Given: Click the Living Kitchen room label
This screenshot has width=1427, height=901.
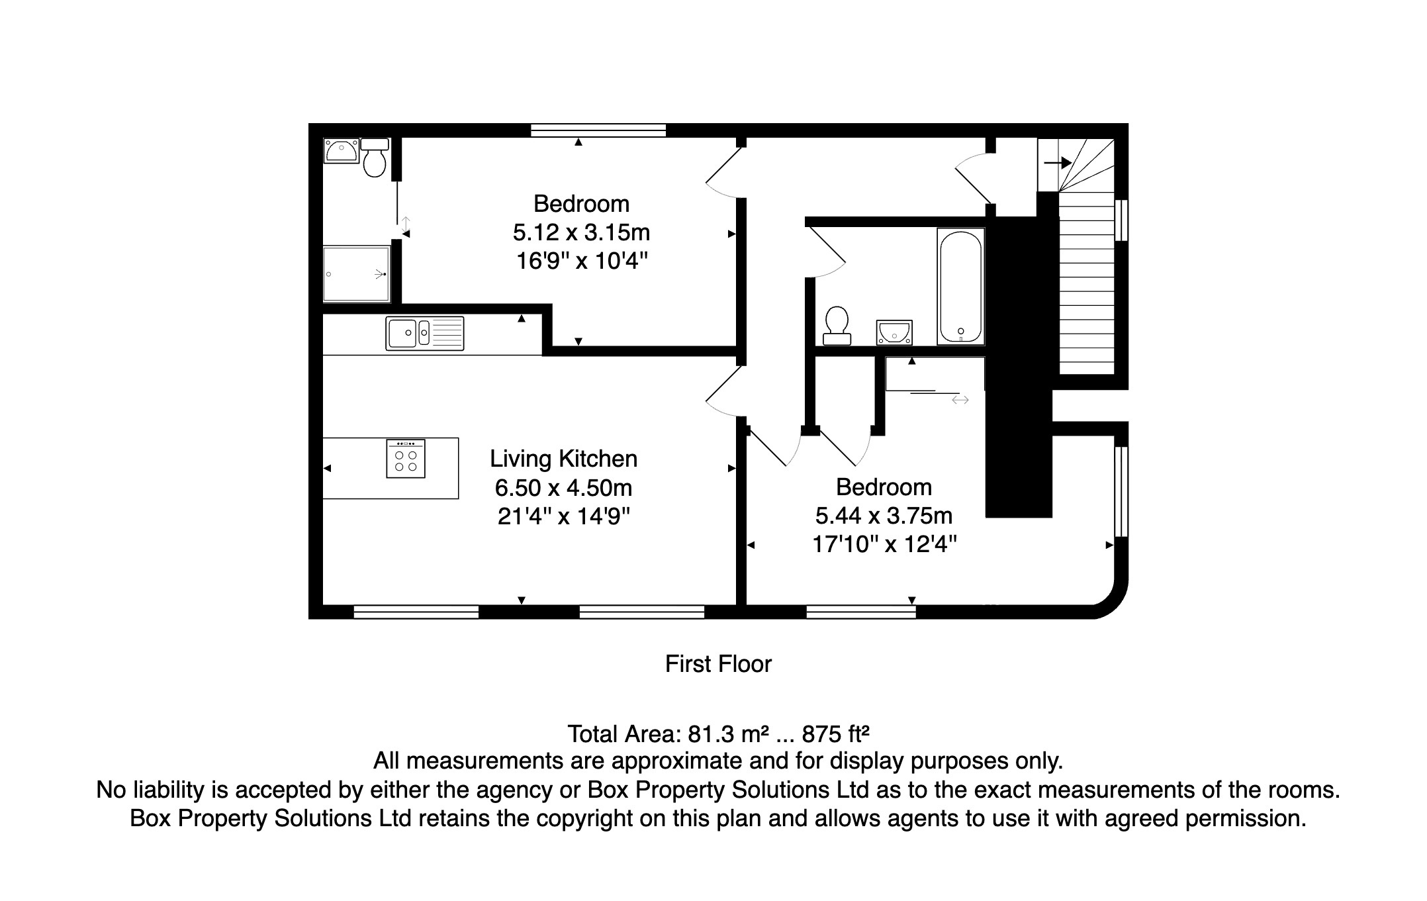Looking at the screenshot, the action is pyautogui.click(x=563, y=459).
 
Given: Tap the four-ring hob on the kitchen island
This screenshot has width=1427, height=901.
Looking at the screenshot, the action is pyautogui.click(x=406, y=458).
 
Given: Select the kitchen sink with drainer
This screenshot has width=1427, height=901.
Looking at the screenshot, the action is pyautogui.click(x=425, y=333).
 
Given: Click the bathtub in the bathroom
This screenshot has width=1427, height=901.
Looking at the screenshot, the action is pyautogui.click(x=961, y=287).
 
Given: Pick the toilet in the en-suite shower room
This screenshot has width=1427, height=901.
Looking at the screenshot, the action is pyautogui.click(x=375, y=157).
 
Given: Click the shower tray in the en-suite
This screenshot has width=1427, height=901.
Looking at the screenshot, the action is pyautogui.click(x=356, y=274).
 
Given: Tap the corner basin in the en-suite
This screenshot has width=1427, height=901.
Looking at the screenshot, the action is pyautogui.click(x=342, y=150).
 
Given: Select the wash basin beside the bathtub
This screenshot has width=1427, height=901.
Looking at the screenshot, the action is pyautogui.click(x=894, y=332).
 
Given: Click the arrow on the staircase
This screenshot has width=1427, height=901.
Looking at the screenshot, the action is pyautogui.click(x=1058, y=163).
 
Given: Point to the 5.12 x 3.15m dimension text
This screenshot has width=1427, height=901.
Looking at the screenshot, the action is pyautogui.click(x=581, y=232).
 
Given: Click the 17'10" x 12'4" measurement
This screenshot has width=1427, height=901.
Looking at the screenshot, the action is pyautogui.click(x=884, y=544).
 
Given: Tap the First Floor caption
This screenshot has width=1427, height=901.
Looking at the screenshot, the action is pyautogui.click(x=718, y=664).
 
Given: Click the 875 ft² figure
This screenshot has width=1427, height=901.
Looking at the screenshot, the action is pyautogui.click(x=835, y=734).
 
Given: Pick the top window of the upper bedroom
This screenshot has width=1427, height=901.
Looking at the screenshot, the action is pyautogui.click(x=598, y=130).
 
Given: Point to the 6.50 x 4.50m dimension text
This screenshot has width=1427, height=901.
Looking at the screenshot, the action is pyautogui.click(x=563, y=488).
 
